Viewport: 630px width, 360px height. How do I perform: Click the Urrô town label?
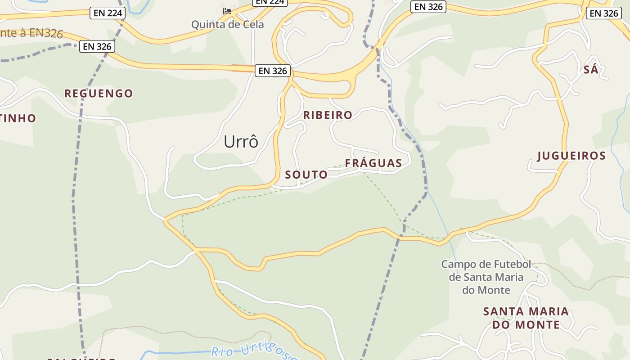click(241, 142)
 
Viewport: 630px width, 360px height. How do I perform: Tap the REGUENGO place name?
click(99, 94)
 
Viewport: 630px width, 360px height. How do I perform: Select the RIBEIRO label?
click(328, 115)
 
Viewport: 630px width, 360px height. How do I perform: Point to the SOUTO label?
click(306, 175)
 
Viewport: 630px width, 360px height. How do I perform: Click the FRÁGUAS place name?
click(373, 163)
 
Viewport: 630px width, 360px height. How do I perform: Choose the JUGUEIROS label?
click(572, 156)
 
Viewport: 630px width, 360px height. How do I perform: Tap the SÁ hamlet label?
click(591, 70)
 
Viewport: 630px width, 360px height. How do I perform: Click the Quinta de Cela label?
click(228, 24)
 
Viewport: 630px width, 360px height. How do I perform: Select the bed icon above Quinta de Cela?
click(227, 11)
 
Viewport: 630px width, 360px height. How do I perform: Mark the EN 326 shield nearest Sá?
click(604, 13)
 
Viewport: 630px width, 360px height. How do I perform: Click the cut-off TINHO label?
click(18, 118)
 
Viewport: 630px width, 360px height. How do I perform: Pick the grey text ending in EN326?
click(31, 33)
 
